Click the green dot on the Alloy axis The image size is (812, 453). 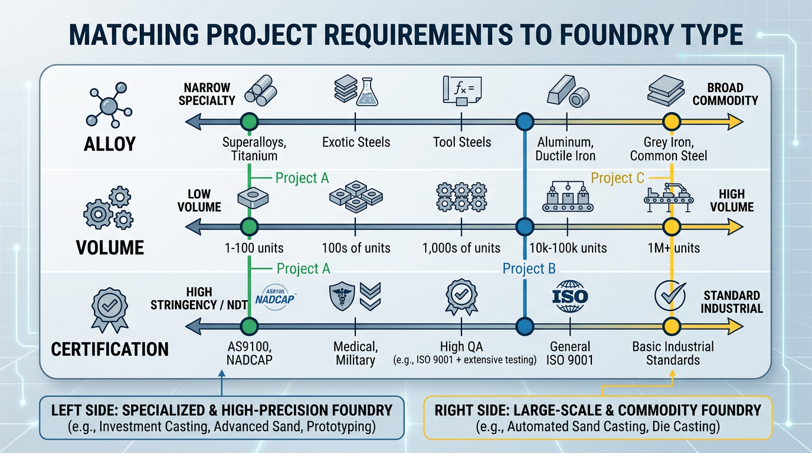point(250,122)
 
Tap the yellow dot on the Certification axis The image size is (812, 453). point(670,326)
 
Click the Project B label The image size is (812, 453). point(529,269)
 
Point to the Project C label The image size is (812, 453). point(617,178)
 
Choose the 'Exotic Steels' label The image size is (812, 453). point(356,142)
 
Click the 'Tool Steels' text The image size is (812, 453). point(461,142)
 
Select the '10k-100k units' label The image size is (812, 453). point(568,248)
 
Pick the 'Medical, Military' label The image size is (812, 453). point(355,353)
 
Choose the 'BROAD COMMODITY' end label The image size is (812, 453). point(725,94)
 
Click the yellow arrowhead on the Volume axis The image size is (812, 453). point(735,226)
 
